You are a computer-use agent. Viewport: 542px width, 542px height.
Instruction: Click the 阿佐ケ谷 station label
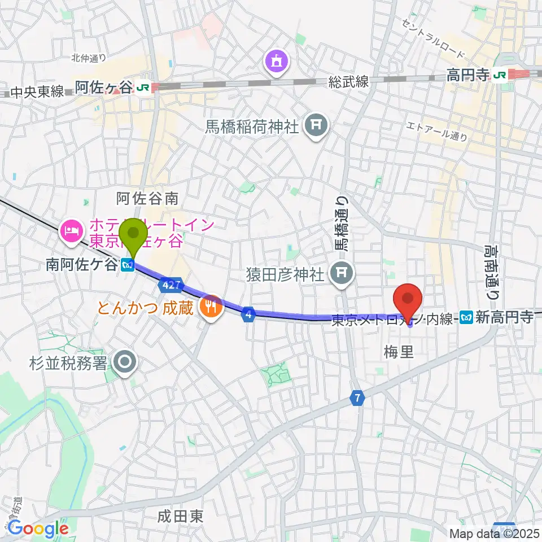click(x=104, y=87)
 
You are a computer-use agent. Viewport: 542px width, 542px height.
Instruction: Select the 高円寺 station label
click(x=467, y=74)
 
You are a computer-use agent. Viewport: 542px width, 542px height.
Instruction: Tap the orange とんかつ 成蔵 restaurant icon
click(x=211, y=307)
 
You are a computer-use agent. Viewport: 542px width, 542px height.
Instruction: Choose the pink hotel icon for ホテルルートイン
click(x=71, y=230)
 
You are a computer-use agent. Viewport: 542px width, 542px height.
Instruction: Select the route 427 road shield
click(x=169, y=285)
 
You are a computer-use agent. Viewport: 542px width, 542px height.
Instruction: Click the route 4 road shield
click(x=248, y=314)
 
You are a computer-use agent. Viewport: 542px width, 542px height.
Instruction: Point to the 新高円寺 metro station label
click(x=504, y=318)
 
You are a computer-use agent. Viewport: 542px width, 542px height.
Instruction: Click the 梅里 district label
click(x=399, y=353)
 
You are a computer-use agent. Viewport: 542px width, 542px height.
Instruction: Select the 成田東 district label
click(x=180, y=515)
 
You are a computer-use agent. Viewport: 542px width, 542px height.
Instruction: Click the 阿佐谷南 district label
click(x=147, y=198)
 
